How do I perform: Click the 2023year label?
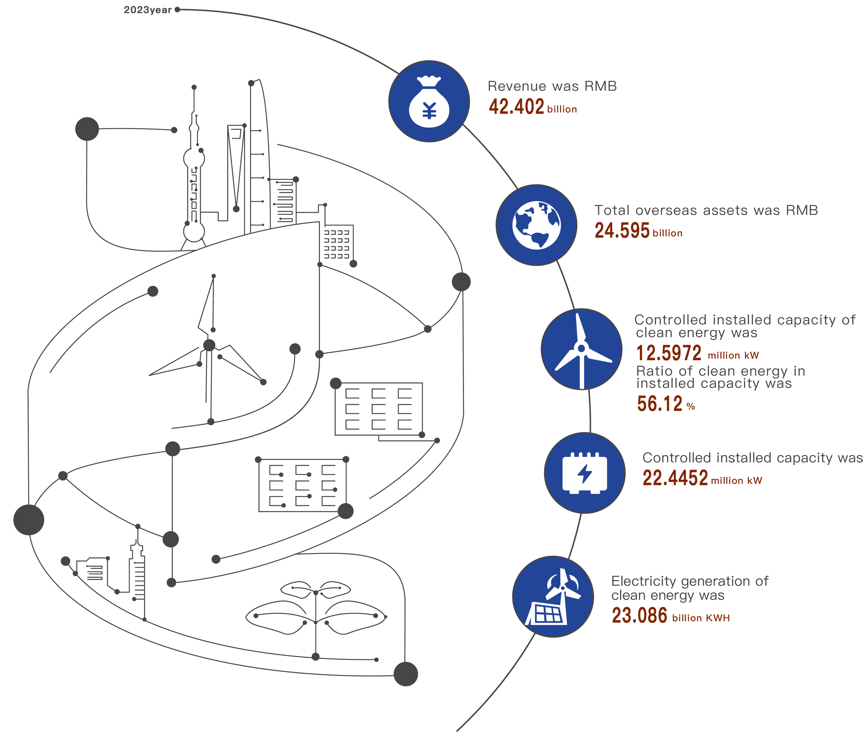147,10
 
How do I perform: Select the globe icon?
537,225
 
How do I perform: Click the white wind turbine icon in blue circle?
581,350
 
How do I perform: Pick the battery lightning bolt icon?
584,473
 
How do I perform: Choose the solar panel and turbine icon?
553,597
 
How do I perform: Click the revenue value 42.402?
516,107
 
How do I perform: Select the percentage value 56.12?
660,404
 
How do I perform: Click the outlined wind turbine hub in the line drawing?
209,345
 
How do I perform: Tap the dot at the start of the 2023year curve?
178,9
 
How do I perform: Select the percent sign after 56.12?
691,407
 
